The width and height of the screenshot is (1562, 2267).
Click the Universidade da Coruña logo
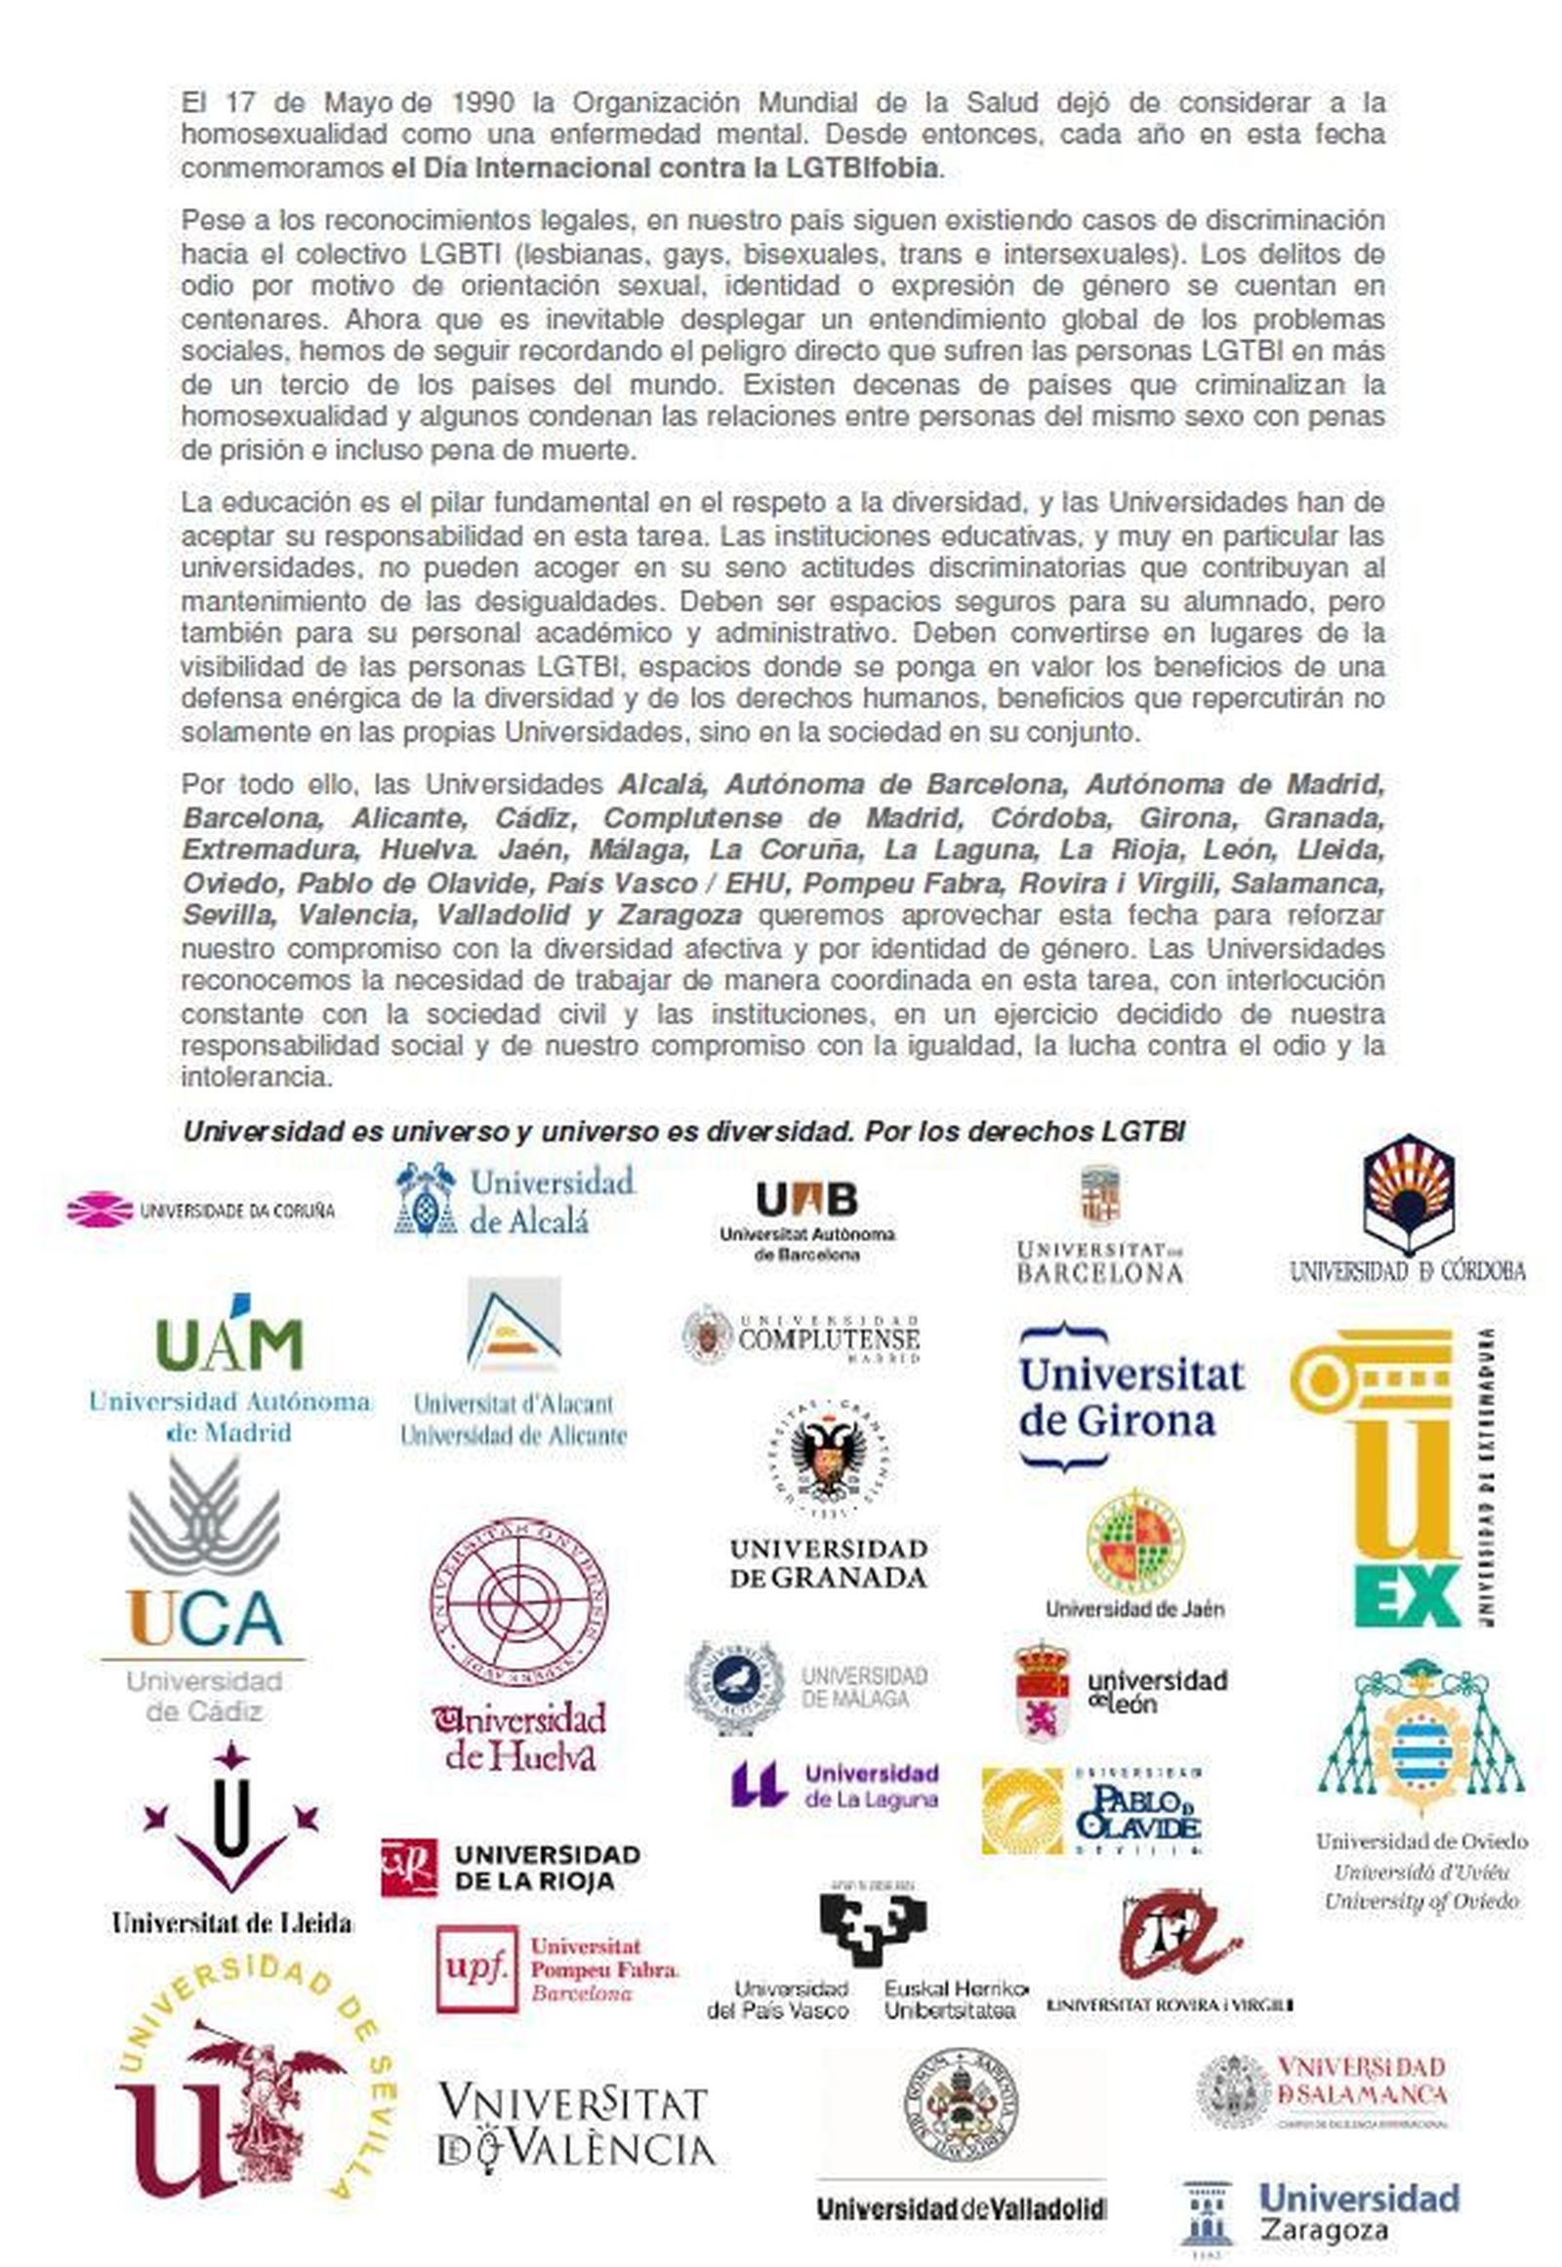tap(201, 1210)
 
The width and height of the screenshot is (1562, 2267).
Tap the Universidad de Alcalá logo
tap(514, 1199)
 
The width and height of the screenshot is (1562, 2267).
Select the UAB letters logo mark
tap(806, 1199)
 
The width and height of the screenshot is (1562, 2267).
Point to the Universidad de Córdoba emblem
tap(1409, 1196)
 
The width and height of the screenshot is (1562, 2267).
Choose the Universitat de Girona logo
tap(1130, 1396)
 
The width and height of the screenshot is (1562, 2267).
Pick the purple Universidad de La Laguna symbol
tap(759, 1785)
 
